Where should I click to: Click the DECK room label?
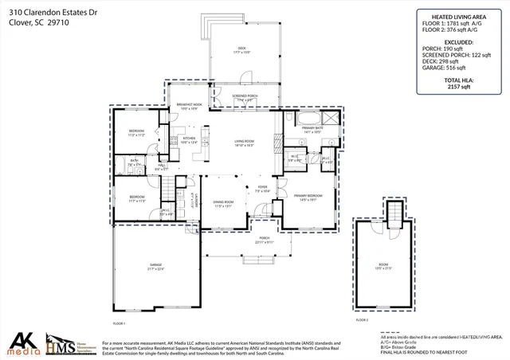pyautogui.click(x=241, y=49)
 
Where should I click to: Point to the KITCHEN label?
pyautogui.click(x=189, y=139)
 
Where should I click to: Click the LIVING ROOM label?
pyautogui.click(x=244, y=143)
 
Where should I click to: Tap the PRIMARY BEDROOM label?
pyautogui.click(x=308, y=196)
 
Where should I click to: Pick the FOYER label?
pyautogui.click(x=262, y=189)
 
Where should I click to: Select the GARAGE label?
pyautogui.click(x=155, y=265)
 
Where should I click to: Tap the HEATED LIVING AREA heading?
pyautogui.click(x=460, y=14)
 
